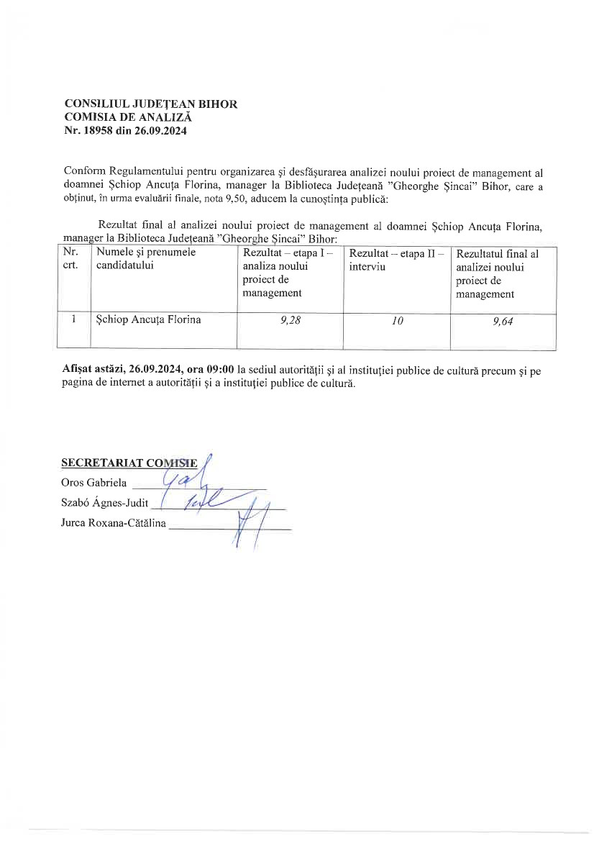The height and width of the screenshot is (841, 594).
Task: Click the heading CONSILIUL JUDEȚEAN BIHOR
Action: point(151,104)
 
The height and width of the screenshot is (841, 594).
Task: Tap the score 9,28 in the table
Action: point(291,321)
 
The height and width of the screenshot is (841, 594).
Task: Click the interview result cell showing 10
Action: point(397,322)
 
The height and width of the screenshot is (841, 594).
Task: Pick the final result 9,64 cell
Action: point(503,322)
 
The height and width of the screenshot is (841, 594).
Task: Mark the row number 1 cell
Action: point(74,319)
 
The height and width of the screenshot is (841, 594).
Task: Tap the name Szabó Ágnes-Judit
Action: point(105,504)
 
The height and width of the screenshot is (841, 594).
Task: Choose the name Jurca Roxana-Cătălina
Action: point(114,524)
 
